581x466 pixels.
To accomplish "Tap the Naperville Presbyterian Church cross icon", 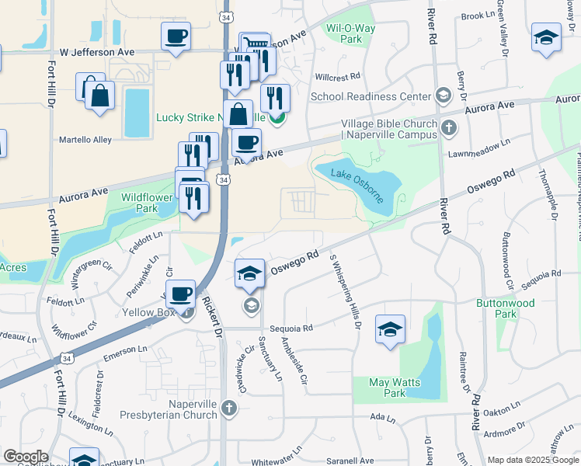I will coord(228,408).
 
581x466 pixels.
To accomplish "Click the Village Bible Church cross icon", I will coord(448,127).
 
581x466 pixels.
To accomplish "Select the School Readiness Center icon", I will coord(443,96).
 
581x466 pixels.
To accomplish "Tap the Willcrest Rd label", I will coord(339,77).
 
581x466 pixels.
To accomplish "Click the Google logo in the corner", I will coord(26,457).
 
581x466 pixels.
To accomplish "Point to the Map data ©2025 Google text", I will coord(533,460).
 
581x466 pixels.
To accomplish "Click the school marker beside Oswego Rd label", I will coord(249,273).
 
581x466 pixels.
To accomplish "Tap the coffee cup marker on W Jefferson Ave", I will coord(176,37).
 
